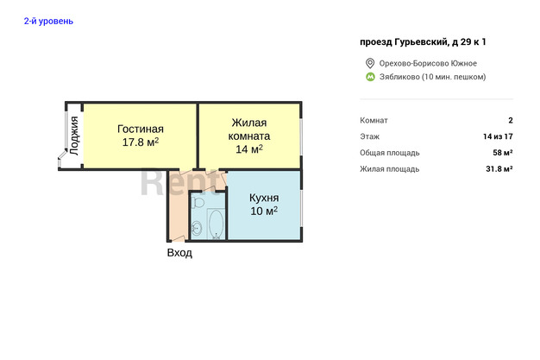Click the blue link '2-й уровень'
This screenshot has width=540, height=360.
tap(48, 21)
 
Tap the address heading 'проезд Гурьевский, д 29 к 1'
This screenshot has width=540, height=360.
tap(423, 42)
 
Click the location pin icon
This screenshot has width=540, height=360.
tap(370, 63)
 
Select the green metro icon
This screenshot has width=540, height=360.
tap(370, 77)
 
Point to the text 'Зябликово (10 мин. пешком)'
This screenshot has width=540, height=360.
tap(432, 77)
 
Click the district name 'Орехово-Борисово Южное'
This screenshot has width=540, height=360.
tap(428, 63)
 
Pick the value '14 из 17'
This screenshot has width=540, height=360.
tap(498, 136)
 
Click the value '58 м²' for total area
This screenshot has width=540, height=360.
tap(503, 153)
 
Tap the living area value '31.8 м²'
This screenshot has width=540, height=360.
tap(499, 169)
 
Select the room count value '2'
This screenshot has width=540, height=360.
tap(511, 120)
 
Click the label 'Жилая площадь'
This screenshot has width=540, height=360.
tap(390, 169)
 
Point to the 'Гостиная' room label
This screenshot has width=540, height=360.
tap(141, 129)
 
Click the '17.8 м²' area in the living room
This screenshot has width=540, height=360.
tap(141, 142)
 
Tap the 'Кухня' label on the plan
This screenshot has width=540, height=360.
tap(264, 198)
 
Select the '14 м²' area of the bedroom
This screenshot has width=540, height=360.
tap(249, 149)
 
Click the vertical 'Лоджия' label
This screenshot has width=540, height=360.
tap(74, 136)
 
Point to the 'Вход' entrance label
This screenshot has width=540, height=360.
tap(179, 253)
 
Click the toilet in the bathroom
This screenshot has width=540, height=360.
tap(198, 202)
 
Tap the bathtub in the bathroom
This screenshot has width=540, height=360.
tap(216, 224)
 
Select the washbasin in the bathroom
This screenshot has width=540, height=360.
tap(197, 228)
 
